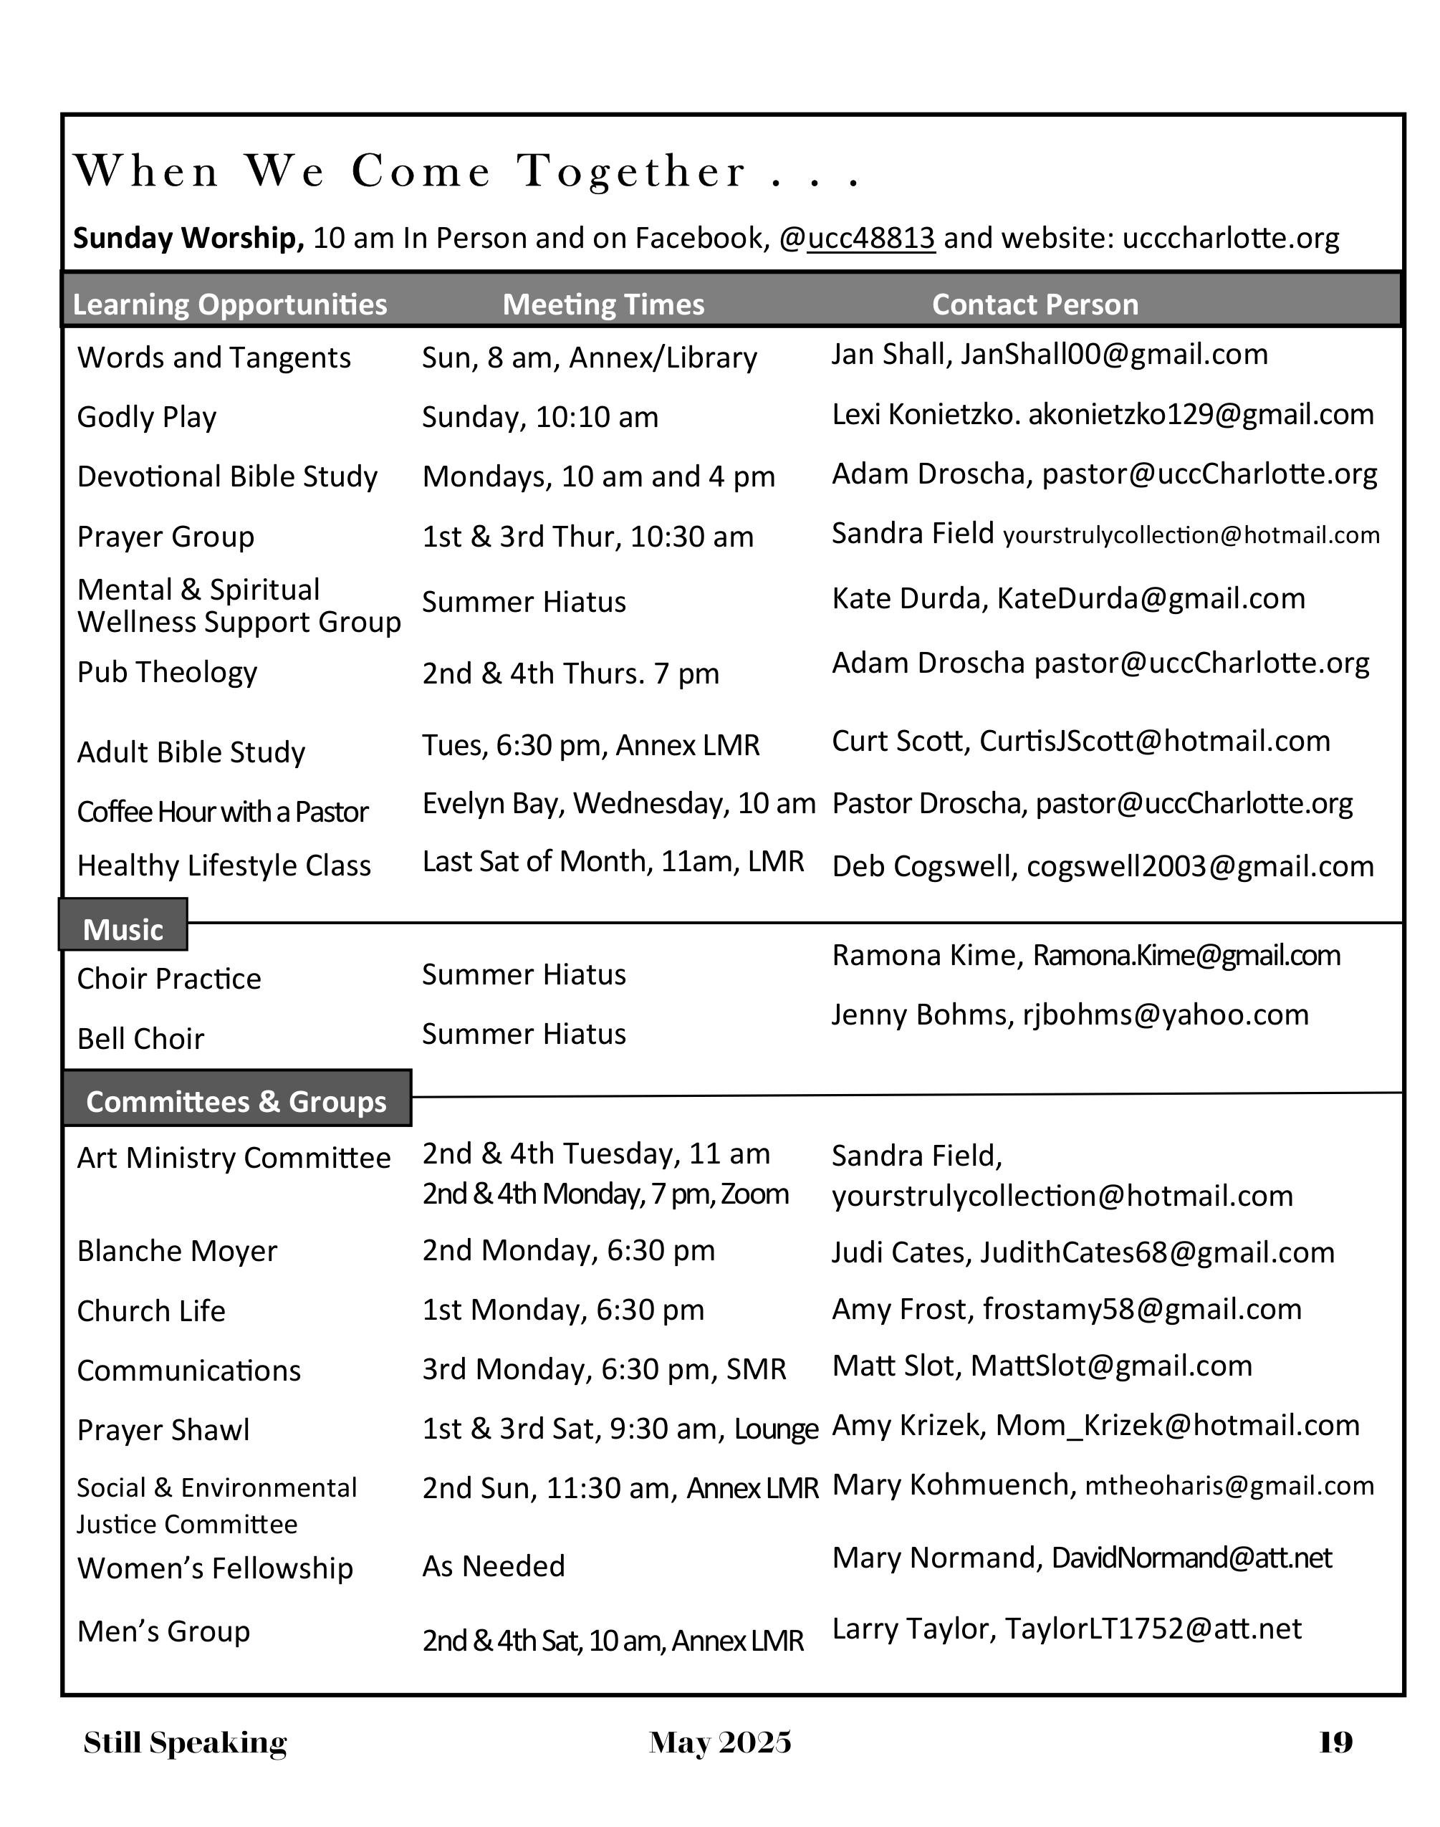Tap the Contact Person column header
[1035, 304]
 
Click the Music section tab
[123, 929]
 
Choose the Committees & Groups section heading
[237, 1101]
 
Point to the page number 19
[1335, 1742]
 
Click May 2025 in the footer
[720, 1742]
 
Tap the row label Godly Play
[147, 417]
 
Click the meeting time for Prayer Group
[587, 537]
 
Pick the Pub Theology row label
[167, 672]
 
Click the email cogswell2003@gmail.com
[1200, 866]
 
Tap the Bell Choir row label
[141, 1039]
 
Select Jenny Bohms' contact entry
[1070, 1015]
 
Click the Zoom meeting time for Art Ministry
[605, 1194]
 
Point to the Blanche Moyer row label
[177, 1251]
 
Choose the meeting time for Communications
[604, 1369]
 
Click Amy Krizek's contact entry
[1095, 1426]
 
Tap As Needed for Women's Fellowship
[493, 1566]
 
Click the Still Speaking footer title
[186, 1742]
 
